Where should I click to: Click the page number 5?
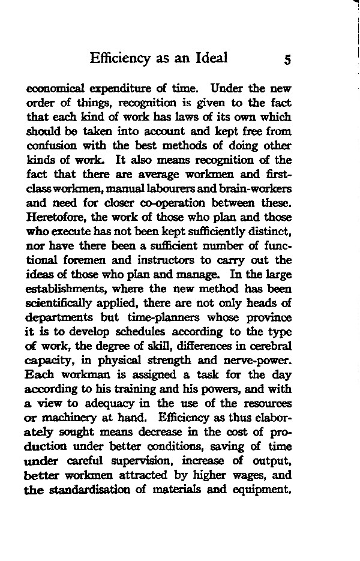tap(287, 59)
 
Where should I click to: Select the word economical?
tap(56, 89)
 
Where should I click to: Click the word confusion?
tap(51, 146)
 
